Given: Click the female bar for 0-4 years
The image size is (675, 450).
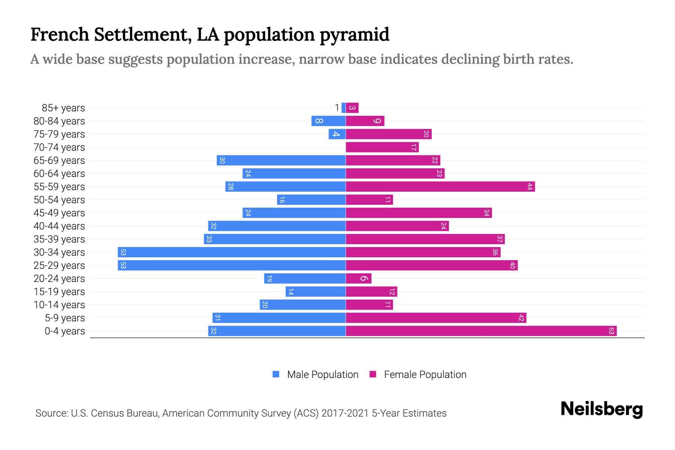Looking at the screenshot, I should click(481, 331).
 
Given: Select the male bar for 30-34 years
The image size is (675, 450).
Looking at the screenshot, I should click(231, 252).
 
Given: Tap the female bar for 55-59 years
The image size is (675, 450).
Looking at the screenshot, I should click(440, 187).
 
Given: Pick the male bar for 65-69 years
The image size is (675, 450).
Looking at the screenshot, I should click(281, 160).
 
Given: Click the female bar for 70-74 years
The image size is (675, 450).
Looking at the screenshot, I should click(382, 147).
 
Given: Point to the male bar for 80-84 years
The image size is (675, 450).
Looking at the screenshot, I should click(328, 121).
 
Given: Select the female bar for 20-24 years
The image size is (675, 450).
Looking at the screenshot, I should click(358, 279).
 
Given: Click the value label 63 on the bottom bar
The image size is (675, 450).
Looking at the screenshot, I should click(611, 331).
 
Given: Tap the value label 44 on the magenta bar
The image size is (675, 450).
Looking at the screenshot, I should click(529, 187).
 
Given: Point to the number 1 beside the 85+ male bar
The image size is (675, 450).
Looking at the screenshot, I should click(337, 108).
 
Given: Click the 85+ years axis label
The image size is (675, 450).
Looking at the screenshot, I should click(63, 108).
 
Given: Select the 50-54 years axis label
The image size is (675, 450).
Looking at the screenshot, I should click(59, 200).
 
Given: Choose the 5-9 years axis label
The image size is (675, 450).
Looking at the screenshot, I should click(64, 318).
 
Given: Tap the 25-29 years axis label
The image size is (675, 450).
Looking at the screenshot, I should click(59, 265).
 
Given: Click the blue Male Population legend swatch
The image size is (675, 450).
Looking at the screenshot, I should click(276, 374).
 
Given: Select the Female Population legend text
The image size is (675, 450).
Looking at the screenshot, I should click(425, 375).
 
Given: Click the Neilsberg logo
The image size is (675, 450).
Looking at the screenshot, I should click(601, 409).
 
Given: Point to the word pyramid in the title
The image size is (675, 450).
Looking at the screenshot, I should click(354, 34).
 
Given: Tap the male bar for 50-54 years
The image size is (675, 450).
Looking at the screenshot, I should click(311, 200).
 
